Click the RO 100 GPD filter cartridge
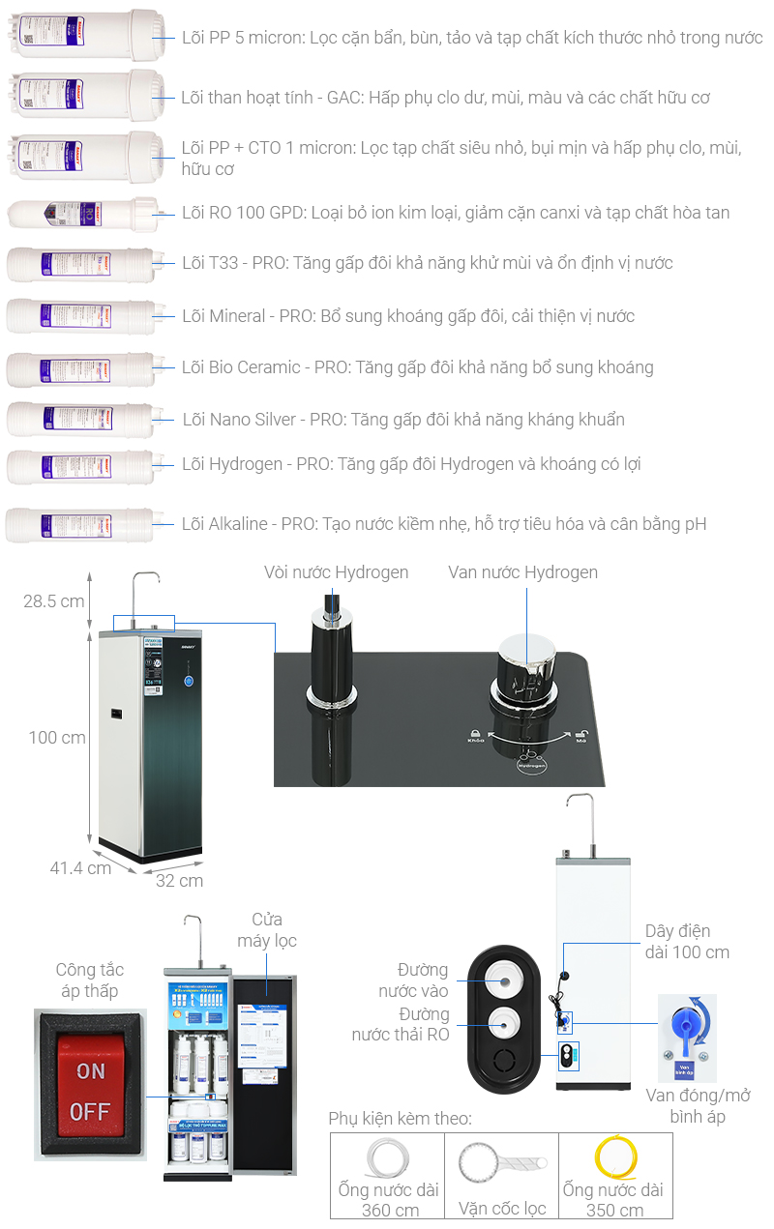[x=81, y=214]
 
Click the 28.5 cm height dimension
[x=54, y=601]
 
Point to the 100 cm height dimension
[x=57, y=738]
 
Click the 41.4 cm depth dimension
[x=80, y=867]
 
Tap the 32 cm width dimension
[x=179, y=880]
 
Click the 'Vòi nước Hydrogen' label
[x=336, y=572]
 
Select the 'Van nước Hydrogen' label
[x=522, y=572]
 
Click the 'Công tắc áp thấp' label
[x=89, y=980]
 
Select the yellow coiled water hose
[x=615, y=1156]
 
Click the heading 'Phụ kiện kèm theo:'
[x=400, y=1119]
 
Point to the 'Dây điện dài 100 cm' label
[x=687, y=941]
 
